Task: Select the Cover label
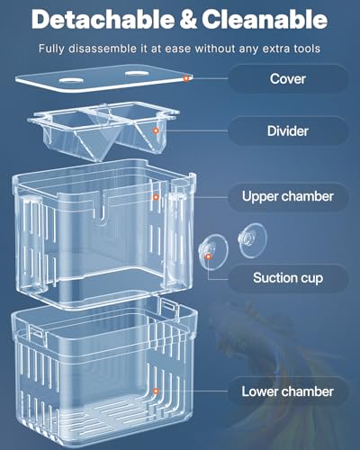287,78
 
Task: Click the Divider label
287,131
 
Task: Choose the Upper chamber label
287,195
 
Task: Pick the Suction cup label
287,279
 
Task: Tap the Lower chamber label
287,391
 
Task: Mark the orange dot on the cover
186,79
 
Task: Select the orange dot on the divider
156,131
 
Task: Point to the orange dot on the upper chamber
156,195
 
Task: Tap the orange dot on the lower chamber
156,391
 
